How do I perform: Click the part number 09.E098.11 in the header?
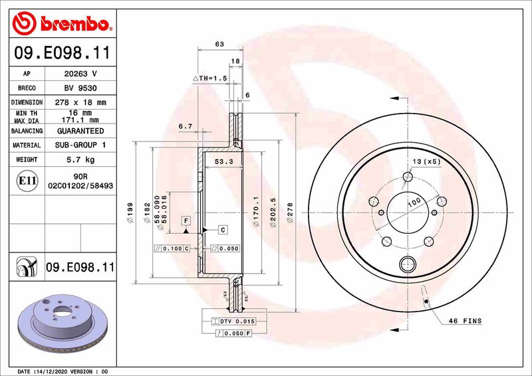(62, 50)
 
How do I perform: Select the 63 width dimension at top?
(219, 44)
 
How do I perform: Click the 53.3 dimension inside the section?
(224, 161)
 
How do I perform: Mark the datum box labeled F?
(187, 220)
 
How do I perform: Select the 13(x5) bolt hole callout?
(426, 161)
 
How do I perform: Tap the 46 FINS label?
(464, 321)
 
